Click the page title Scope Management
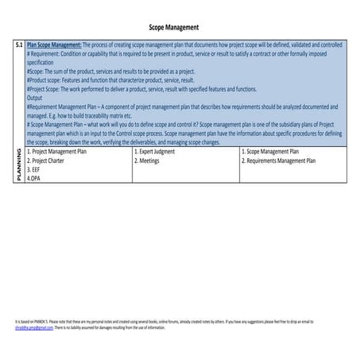point(180,28)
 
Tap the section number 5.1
point(19,46)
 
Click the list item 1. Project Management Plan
point(63,151)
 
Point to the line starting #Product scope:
point(110,80)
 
